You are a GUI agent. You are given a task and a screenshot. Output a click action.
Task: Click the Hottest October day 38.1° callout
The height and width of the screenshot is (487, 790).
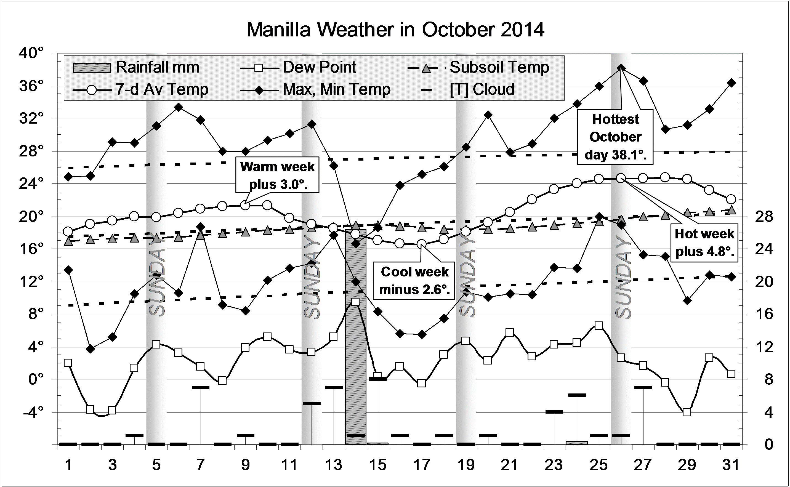click(x=615, y=137)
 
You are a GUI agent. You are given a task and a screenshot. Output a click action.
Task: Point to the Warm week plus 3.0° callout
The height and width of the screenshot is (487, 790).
click(x=277, y=175)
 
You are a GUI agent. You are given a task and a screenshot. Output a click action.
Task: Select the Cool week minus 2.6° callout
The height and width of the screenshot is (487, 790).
click(x=414, y=280)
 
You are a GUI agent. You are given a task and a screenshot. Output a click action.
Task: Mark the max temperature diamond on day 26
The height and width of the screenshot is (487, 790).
click(x=621, y=68)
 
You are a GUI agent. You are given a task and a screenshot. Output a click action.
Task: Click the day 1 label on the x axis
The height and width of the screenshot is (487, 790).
click(x=68, y=465)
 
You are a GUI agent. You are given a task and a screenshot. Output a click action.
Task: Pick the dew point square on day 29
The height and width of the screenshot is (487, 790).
click(x=687, y=412)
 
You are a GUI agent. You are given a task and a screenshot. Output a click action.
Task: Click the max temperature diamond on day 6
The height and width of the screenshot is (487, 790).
click(x=179, y=107)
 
